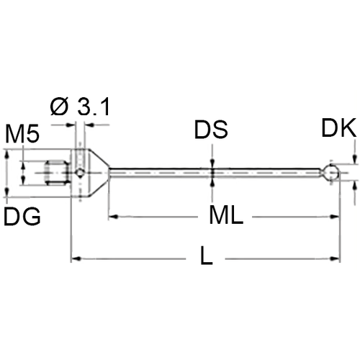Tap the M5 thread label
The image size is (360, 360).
point(22,135)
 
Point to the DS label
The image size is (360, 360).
point(211,131)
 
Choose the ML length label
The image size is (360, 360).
point(225,197)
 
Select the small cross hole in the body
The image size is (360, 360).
point(79,173)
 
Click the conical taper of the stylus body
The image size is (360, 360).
point(97,173)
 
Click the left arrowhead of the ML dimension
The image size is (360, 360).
point(112,197)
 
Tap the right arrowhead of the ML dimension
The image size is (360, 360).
point(335,197)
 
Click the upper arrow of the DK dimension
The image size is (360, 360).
point(355,160)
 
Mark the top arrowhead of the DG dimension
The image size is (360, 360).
point(7,153)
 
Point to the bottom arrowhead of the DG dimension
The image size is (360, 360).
point(7,193)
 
